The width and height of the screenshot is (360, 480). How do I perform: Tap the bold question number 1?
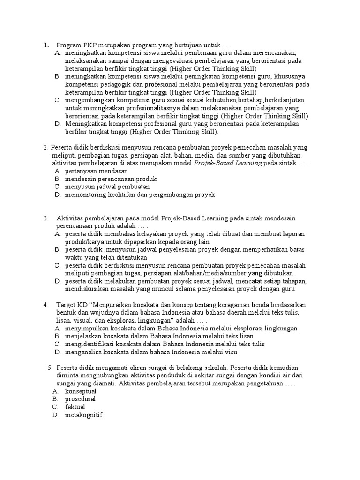pos(46,45)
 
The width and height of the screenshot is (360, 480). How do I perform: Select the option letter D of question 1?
pos(57,124)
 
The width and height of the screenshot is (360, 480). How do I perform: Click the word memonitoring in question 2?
pos(87,195)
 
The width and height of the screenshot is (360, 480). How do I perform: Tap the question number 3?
pos(46,218)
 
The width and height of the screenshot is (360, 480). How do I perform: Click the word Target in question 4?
pos(66,305)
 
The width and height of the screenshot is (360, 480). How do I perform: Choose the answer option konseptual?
pos(81,391)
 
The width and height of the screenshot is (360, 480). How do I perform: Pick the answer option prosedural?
pos(80,399)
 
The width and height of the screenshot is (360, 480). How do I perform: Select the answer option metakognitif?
pos(84,415)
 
